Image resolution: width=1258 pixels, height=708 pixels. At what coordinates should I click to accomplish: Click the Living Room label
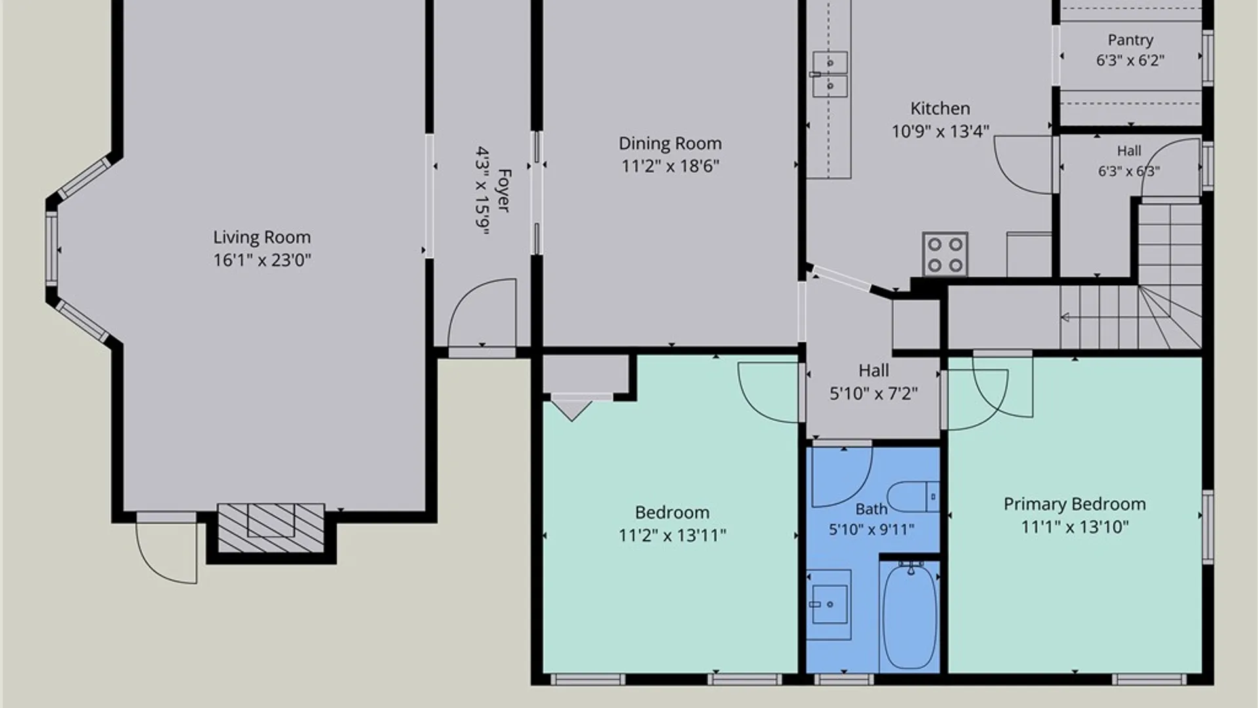pyautogui.click(x=262, y=237)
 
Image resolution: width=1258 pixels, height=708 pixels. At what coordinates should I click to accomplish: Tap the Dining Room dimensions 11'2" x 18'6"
pyautogui.click(x=670, y=166)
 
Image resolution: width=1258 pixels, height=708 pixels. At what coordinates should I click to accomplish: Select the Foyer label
pyautogui.click(x=503, y=190)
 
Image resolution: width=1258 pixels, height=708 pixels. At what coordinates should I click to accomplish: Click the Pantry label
pyautogui.click(x=1130, y=41)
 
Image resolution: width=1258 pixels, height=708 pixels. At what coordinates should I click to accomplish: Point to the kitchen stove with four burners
pyautogui.click(x=945, y=254)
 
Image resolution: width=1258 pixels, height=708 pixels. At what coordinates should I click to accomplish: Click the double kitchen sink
pyautogui.click(x=829, y=73)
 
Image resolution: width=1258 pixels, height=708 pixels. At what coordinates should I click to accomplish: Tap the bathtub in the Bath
pyautogui.click(x=910, y=616)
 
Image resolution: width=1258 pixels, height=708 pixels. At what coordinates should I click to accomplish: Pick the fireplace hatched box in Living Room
pyautogui.click(x=271, y=528)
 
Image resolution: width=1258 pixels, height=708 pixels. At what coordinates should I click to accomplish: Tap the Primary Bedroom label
pyautogui.click(x=1075, y=504)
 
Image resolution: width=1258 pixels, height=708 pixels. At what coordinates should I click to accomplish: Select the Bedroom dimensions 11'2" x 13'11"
pyautogui.click(x=672, y=536)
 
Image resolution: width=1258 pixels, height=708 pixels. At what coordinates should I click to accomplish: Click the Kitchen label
pyautogui.click(x=940, y=108)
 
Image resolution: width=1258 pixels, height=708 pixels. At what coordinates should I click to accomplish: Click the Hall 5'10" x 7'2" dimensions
pyautogui.click(x=873, y=394)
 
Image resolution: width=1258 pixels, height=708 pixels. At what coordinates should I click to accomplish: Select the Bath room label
pyautogui.click(x=871, y=509)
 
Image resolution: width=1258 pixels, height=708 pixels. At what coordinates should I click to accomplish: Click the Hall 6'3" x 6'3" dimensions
pyautogui.click(x=1129, y=172)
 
